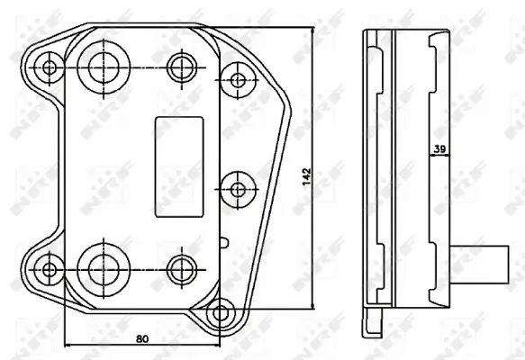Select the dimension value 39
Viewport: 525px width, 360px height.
441,150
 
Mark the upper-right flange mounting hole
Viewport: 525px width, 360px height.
238,79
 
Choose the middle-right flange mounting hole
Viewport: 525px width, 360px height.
238,189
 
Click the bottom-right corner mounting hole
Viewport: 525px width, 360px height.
218,315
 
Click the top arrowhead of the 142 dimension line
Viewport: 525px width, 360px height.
312,30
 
